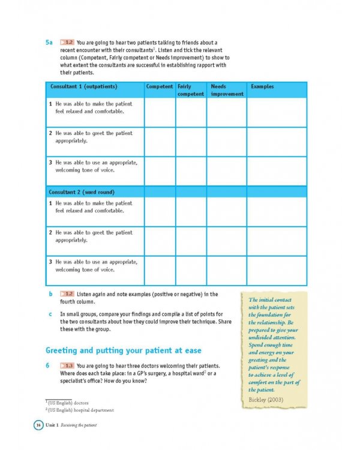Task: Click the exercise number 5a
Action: [50, 43]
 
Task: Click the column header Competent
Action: [160, 87]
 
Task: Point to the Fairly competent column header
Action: [191, 90]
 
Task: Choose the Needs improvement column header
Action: [227, 90]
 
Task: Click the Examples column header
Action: [262, 87]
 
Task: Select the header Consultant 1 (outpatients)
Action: [83, 87]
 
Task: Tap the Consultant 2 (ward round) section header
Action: [82, 191]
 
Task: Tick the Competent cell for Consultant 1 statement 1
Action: [160, 112]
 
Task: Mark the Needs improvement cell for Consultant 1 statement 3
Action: [227, 170]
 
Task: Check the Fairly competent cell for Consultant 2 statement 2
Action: [191, 241]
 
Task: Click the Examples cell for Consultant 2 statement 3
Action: [276, 271]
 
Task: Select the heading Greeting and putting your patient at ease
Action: [124, 350]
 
